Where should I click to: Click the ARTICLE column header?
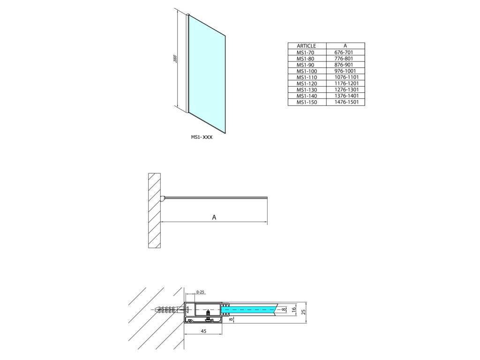pos(307,46)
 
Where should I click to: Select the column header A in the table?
pos(345,46)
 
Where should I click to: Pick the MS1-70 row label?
pos(306,52)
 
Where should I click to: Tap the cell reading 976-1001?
pos(345,71)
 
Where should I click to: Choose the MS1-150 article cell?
pos(307,102)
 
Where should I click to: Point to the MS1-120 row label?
pos(307,83)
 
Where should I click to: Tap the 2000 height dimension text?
pos(175,60)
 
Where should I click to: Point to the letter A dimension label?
pos(214,217)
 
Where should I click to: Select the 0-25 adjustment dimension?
pos(200,292)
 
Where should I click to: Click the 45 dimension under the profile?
pos(203,331)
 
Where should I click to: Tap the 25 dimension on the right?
pos(303,311)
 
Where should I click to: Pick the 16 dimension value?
pos(293,309)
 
